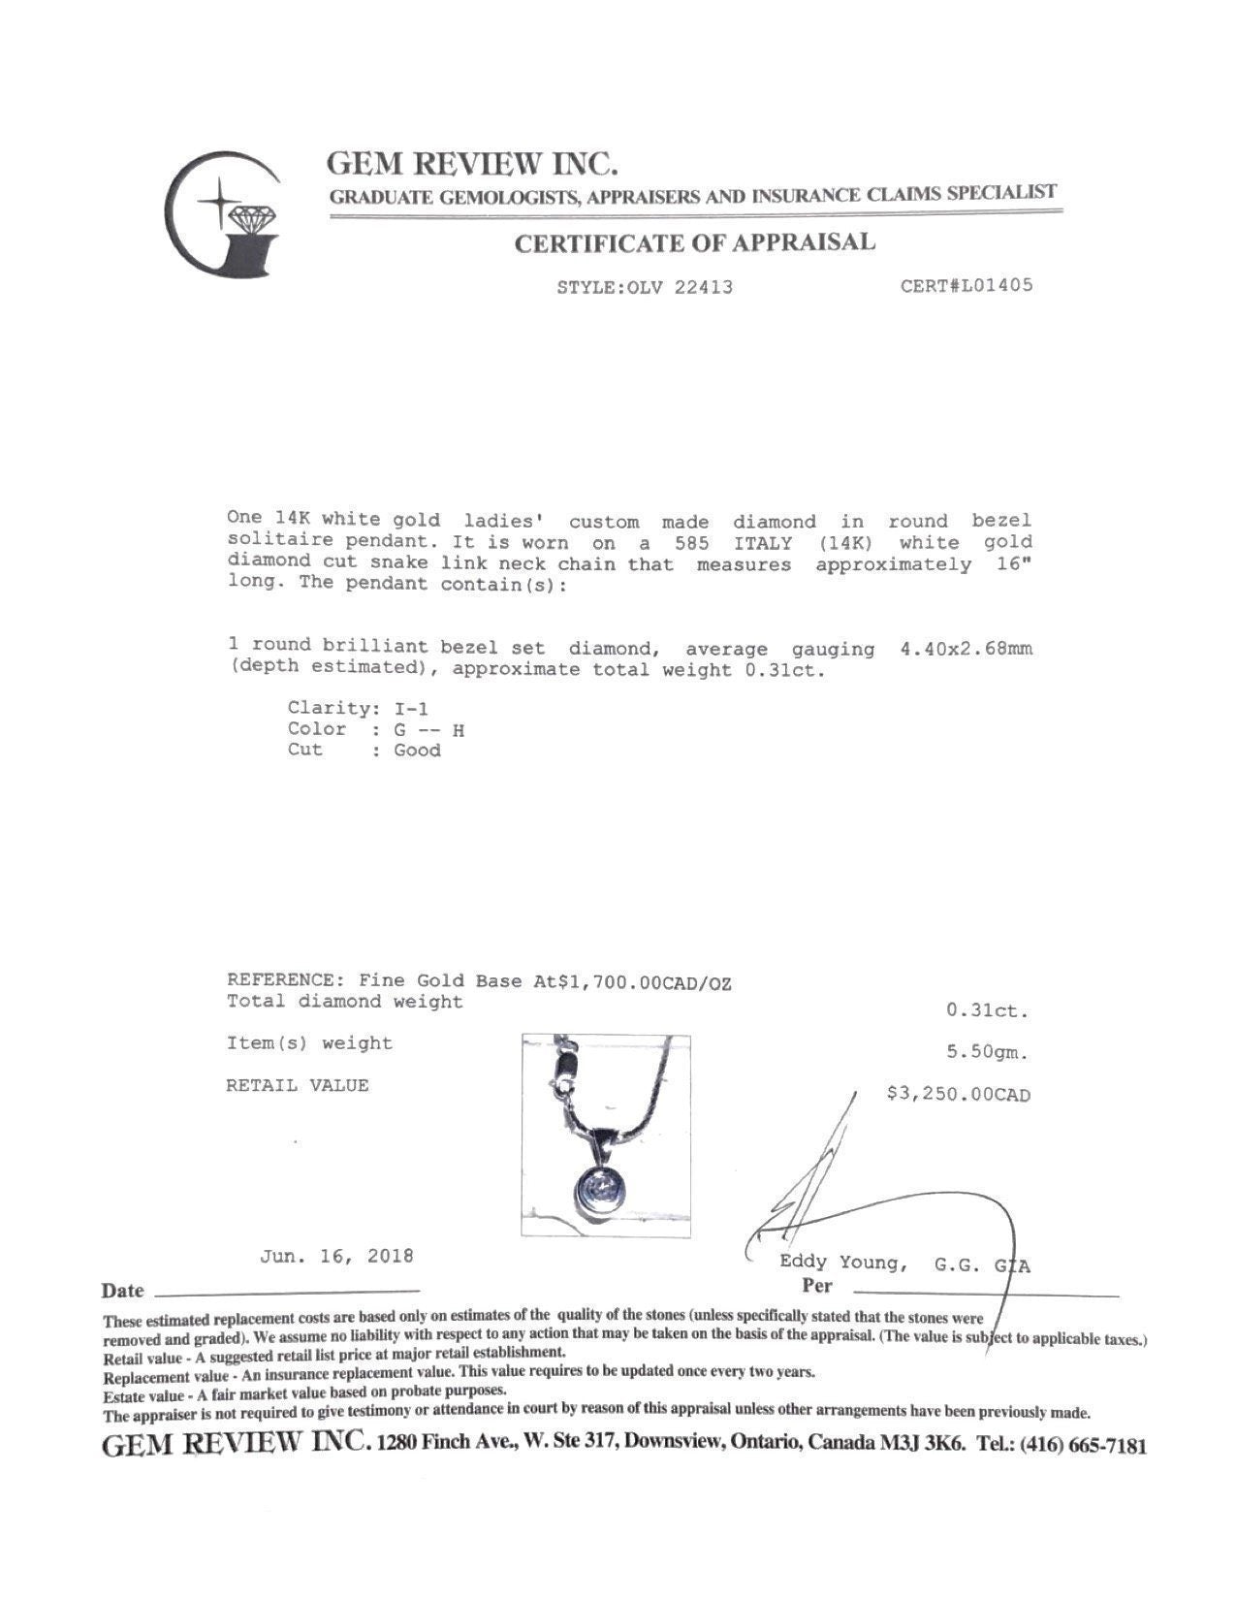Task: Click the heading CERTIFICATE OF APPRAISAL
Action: (694, 242)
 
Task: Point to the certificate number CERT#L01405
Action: (967, 285)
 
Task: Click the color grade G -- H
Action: (429, 729)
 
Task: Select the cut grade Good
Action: (417, 751)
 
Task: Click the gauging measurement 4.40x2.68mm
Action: (966, 649)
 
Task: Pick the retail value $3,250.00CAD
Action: (959, 1095)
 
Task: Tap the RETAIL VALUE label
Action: (298, 1086)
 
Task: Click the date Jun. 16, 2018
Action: (336, 1256)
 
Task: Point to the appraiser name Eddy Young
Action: (842, 1263)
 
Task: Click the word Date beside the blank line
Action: (122, 1291)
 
